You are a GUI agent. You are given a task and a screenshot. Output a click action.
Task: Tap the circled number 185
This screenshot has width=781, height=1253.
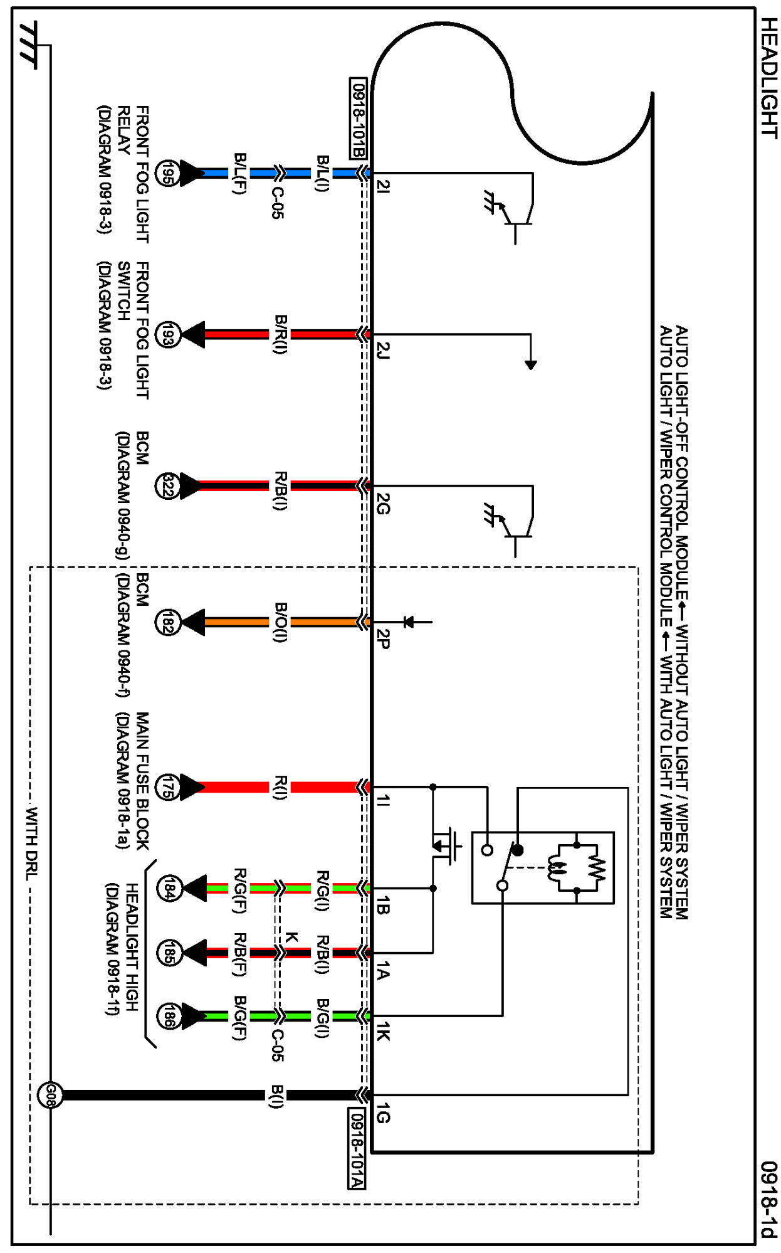169,953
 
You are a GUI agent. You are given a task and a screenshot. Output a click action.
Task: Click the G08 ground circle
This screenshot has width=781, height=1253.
50,1095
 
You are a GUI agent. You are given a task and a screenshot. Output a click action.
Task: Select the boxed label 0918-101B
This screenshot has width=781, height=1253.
358,119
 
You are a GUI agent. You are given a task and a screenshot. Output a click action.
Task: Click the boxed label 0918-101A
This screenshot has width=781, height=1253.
356,1148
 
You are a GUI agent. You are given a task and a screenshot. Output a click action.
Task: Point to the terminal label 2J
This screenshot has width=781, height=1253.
383,350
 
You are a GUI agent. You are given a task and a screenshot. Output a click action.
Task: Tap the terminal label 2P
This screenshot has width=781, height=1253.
383,639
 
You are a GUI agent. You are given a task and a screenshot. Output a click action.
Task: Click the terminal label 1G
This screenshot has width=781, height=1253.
383,1116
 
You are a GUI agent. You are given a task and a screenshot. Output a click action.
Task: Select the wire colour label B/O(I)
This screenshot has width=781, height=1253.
280,623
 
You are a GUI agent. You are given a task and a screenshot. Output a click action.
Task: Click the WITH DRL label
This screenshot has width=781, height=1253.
32,843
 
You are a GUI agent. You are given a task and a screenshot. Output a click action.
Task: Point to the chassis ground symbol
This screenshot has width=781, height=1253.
29,45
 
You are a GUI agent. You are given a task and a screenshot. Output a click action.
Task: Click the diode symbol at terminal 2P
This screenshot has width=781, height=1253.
409,622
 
